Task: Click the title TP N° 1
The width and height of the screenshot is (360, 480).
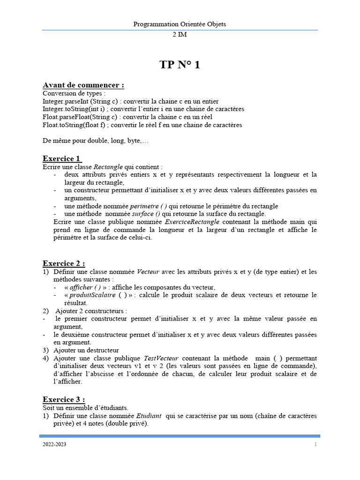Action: coord(180,65)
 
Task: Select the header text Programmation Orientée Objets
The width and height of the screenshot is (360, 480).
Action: coord(180,24)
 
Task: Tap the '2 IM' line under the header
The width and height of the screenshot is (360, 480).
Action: coord(180,35)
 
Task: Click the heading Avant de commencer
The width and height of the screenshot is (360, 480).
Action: coord(83,85)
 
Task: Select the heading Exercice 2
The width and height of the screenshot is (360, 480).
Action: coord(64,263)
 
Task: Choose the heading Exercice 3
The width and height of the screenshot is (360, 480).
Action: coord(64,399)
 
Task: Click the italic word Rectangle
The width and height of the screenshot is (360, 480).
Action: coord(108,167)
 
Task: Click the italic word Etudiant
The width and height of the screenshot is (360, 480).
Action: coord(149,416)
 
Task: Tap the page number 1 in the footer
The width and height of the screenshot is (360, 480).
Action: coord(315,444)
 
